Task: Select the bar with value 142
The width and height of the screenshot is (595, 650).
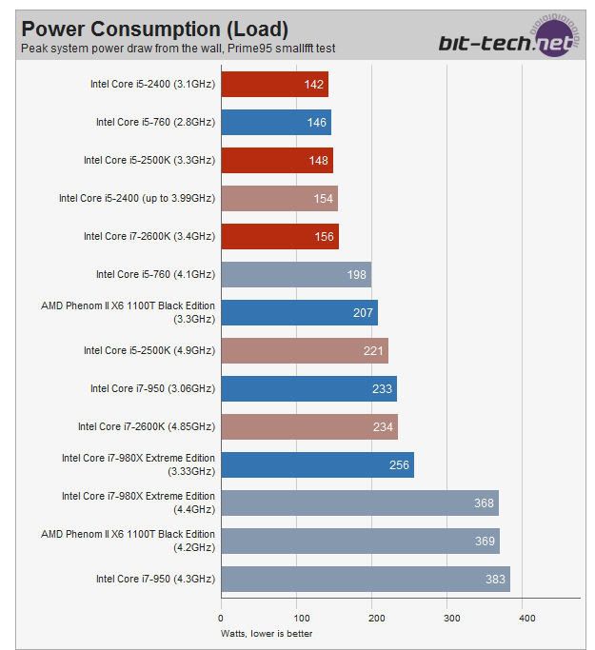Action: pyautogui.click(x=274, y=84)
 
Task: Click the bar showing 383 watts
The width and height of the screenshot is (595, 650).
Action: pyautogui.click(x=366, y=579)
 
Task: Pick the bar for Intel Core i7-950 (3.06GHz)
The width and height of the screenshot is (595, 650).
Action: pyautogui.click(x=308, y=388)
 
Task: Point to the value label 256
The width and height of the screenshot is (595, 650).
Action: pyautogui.click(x=400, y=465)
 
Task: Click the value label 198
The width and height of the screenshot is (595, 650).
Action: pyautogui.click(x=356, y=275)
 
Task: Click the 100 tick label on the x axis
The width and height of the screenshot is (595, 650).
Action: pyautogui.click(x=297, y=617)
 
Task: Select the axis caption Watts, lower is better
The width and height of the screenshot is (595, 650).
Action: pyautogui.click(x=267, y=633)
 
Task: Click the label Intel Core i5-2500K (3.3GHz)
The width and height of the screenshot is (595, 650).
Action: pyautogui.click(x=149, y=160)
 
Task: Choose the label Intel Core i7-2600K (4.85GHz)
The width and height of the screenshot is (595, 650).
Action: pyautogui.click(x=147, y=426)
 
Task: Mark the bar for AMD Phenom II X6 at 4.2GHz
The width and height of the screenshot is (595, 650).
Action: pyautogui.click(x=360, y=541)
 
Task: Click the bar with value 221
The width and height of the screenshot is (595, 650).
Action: pyautogui.click(x=305, y=350)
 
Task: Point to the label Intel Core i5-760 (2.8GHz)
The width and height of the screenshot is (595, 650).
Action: pyautogui.click(x=155, y=122)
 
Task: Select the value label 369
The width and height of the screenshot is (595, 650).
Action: pyautogui.click(x=485, y=542)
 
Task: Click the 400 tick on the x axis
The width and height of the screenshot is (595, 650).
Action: pyautogui.click(x=526, y=617)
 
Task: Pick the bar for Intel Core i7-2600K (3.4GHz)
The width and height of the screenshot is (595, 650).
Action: pyautogui.click(x=280, y=236)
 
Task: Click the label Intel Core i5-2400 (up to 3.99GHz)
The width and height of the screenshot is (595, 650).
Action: pyautogui.click(x=137, y=198)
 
